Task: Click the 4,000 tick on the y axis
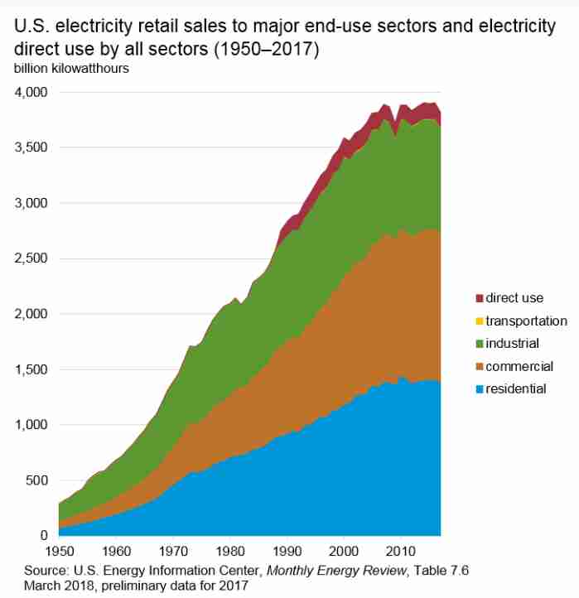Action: pyautogui.click(x=31, y=92)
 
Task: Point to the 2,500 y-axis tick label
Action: pyautogui.click(x=31, y=258)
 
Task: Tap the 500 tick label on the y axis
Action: pyautogui.click(x=36, y=480)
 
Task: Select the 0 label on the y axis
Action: pyautogui.click(x=44, y=535)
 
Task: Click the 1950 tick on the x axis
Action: pyautogui.click(x=60, y=551)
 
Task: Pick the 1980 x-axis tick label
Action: pyautogui.click(x=230, y=551)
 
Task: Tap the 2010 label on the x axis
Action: pyautogui.click(x=400, y=551)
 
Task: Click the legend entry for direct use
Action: pyautogui.click(x=509, y=298)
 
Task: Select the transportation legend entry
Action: pyautogui.click(x=521, y=321)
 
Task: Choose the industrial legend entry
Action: pyautogui.click(x=507, y=343)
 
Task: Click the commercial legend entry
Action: pyautogui.click(x=514, y=366)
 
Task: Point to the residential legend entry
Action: pyautogui.click(x=511, y=389)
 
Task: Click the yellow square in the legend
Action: pyautogui.click(x=480, y=321)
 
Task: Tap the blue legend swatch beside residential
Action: pyautogui.click(x=480, y=389)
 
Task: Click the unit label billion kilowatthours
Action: pyautogui.click(x=71, y=69)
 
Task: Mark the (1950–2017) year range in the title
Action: pyautogui.click(x=266, y=49)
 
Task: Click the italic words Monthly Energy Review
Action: pyautogui.click(x=336, y=571)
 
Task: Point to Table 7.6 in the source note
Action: pyautogui.click(x=441, y=571)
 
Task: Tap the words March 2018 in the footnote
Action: pyautogui.click(x=59, y=585)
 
